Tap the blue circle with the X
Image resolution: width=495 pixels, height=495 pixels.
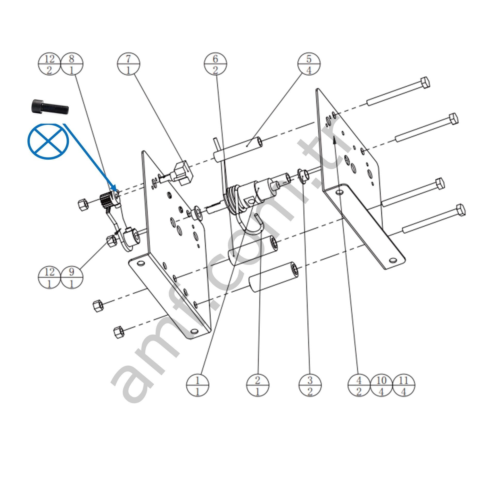(48, 141)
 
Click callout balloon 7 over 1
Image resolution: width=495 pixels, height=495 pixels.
(128, 64)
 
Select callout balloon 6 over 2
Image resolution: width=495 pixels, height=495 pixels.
(215, 64)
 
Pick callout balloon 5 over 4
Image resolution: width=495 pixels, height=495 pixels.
(309, 64)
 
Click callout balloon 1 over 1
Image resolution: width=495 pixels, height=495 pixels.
(197, 385)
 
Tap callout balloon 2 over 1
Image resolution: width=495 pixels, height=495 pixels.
(258, 385)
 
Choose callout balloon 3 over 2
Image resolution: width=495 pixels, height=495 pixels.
(310, 385)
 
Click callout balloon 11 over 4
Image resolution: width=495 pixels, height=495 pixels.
(404, 385)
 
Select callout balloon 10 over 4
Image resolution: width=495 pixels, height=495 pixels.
(381, 385)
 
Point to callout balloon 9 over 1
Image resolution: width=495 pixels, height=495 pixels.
(72, 277)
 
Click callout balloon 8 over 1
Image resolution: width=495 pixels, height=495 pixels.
(72, 64)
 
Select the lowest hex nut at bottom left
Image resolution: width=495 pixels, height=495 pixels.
(118, 332)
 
